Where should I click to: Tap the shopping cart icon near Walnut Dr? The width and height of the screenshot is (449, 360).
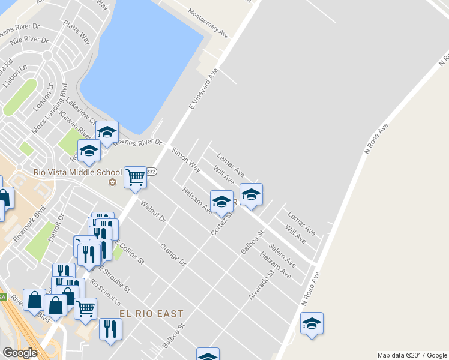135,176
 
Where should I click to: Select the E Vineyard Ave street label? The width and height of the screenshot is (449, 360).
203,89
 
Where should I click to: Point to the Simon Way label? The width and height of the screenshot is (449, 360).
186,160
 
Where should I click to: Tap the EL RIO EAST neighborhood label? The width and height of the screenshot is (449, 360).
151,314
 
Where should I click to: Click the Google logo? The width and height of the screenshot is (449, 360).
20,353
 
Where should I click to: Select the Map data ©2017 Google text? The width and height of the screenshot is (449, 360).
412,355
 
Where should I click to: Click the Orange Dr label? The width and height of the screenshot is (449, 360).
173,254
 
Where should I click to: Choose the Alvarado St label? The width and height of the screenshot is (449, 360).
261,284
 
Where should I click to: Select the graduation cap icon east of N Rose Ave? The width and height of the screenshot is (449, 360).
312,323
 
